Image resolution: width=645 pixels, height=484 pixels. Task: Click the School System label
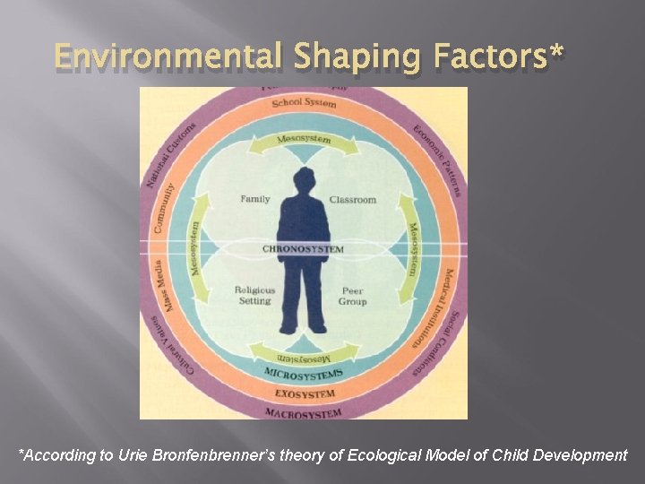pyautogui.click(x=304, y=103)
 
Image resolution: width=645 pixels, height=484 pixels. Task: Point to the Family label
pyautogui.click(x=255, y=199)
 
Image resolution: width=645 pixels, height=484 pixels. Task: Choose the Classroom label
pyautogui.click(x=352, y=199)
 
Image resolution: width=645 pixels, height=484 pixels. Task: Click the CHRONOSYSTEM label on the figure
pyautogui.click(x=304, y=248)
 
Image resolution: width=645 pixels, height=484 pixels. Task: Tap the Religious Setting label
pyautogui.click(x=254, y=295)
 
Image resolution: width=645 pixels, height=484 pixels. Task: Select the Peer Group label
pyautogui.click(x=353, y=296)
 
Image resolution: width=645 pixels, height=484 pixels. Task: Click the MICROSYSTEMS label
pyautogui.click(x=304, y=372)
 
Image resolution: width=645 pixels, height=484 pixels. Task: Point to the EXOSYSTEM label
pyautogui.click(x=305, y=393)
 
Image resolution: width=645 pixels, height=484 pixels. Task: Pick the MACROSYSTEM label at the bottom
pyautogui.click(x=304, y=413)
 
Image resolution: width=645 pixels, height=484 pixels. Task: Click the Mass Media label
pyautogui.click(x=170, y=286)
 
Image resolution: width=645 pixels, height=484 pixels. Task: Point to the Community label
pyautogui.click(x=164, y=208)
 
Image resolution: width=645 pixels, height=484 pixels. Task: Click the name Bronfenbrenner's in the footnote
pyautogui.click(x=220, y=455)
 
